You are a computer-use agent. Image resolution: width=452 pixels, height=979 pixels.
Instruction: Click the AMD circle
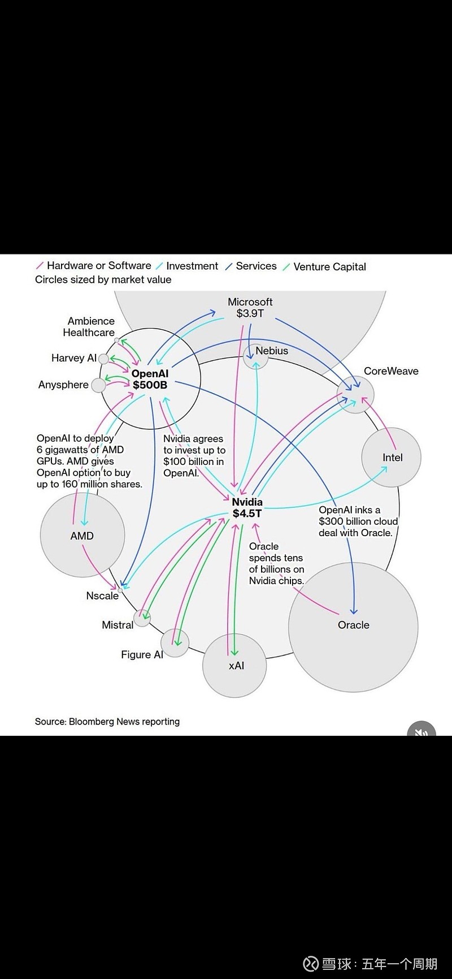[82, 535]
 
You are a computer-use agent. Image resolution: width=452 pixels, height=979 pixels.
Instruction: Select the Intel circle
[392, 457]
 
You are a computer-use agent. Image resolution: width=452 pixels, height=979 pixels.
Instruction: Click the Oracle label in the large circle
[354, 625]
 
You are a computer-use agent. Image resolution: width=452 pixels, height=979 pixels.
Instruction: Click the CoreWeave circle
[355, 395]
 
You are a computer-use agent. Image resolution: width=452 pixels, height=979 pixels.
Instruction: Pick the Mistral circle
[142, 618]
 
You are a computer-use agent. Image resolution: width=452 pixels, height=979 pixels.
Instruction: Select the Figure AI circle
[175, 643]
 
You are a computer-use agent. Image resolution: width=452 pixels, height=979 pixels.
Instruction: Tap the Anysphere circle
[98, 385]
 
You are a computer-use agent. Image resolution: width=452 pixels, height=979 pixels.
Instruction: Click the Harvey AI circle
[103, 359]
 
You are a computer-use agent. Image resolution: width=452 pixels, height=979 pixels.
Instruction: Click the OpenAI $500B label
[150, 379]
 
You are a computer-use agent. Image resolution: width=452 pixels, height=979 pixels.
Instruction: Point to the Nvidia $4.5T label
[247, 507]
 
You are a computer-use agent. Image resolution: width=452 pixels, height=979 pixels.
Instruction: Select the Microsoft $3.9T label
[250, 307]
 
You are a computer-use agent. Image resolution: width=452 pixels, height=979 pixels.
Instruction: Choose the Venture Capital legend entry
[329, 266]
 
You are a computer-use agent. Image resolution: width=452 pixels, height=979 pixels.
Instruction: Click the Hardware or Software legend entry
[98, 265]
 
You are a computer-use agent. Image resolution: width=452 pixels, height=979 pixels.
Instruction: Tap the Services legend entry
[256, 266]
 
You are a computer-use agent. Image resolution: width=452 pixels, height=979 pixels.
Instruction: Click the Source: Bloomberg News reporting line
[107, 722]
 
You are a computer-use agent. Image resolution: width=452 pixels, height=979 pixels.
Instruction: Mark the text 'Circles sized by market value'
[103, 279]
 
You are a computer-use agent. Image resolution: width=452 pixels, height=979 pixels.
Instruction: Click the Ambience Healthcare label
[89, 327]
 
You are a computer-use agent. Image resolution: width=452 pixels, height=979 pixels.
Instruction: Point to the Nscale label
[102, 596]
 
